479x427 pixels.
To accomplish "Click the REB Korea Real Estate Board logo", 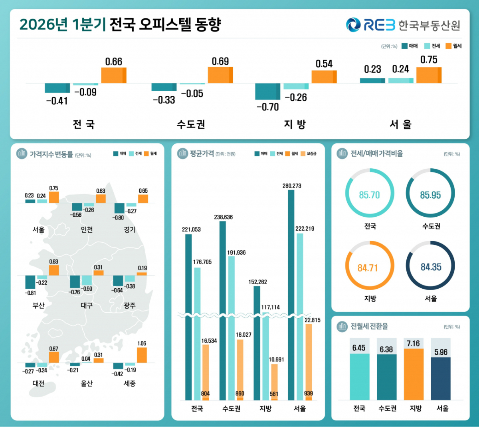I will [x=403, y=25].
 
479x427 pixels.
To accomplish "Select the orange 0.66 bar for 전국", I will [x=114, y=75].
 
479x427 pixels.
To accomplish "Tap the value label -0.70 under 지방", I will [x=268, y=107].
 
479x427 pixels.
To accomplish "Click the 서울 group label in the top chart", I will [x=400, y=124].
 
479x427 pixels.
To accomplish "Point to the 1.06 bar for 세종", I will [x=142, y=355].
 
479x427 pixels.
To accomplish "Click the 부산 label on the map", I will [x=38, y=305].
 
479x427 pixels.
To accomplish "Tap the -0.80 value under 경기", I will [x=118, y=218].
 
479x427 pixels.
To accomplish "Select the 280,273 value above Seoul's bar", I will [x=292, y=186].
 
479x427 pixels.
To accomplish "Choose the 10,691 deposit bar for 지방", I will [x=275, y=382].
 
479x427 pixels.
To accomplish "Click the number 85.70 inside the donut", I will [x=369, y=195].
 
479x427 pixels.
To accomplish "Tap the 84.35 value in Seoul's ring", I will [x=431, y=267].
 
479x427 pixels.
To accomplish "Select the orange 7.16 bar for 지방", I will [x=414, y=374].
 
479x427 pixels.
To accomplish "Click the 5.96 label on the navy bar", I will [x=441, y=352].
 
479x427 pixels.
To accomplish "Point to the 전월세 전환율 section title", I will [x=369, y=326].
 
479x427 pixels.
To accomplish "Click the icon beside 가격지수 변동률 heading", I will [x=22, y=154].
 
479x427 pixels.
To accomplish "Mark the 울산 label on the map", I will [x=87, y=383].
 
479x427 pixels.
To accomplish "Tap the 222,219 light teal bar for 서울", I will [x=300, y=316].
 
